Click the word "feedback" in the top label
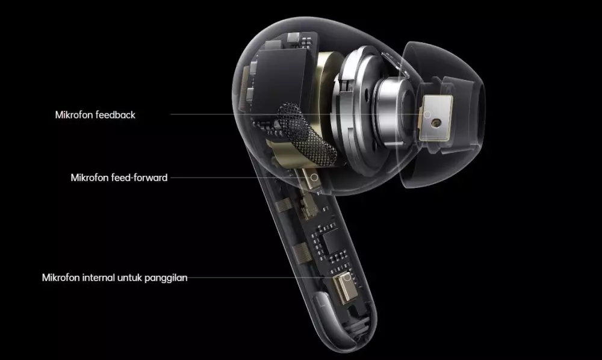coord(115,114)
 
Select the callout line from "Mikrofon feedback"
coord(241,114)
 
